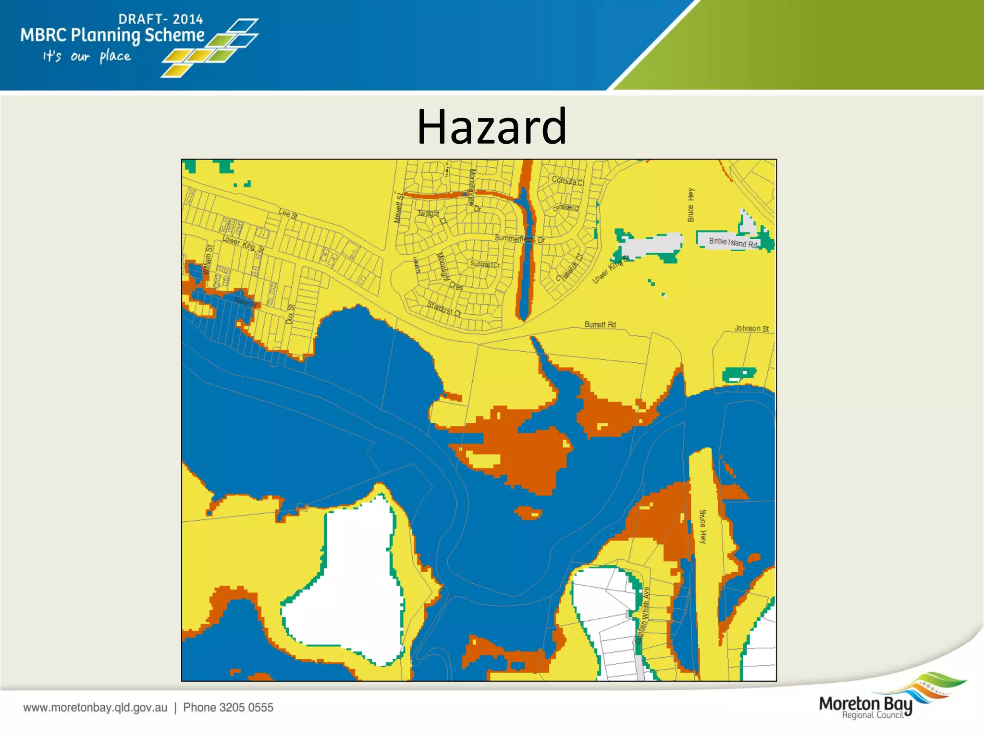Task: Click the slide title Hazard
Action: click(x=492, y=127)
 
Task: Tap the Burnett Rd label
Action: click(x=600, y=325)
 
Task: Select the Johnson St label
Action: click(x=751, y=329)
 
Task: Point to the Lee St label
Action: click(x=288, y=213)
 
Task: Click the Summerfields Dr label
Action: click(x=519, y=239)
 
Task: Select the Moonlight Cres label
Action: click(x=449, y=272)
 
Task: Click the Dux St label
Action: click(x=290, y=314)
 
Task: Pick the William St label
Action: click(x=208, y=260)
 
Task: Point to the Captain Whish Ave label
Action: click(x=643, y=615)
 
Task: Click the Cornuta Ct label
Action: click(x=568, y=181)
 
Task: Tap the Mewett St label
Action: click(x=398, y=208)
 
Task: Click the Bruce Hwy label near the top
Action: click(x=691, y=205)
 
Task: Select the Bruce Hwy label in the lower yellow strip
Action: click(x=702, y=527)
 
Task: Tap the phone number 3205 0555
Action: click(x=228, y=707)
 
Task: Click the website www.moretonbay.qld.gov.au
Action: click(x=95, y=707)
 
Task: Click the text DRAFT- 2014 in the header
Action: click(x=160, y=19)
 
